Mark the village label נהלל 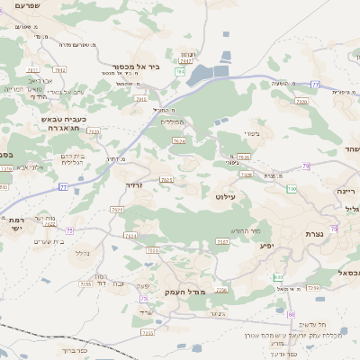pyautogui.click(x=81, y=254)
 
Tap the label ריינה pyautogui.click(x=346, y=191)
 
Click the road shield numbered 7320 pyautogui.click(x=301, y=103)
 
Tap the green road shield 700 pyautogui.click(x=292, y=189)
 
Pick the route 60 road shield pyautogui.click(x=292, y=313)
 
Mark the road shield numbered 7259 pyautogui.click(x=313, y=288)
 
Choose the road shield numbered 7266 pyautogui.click(x=220, y=291)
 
